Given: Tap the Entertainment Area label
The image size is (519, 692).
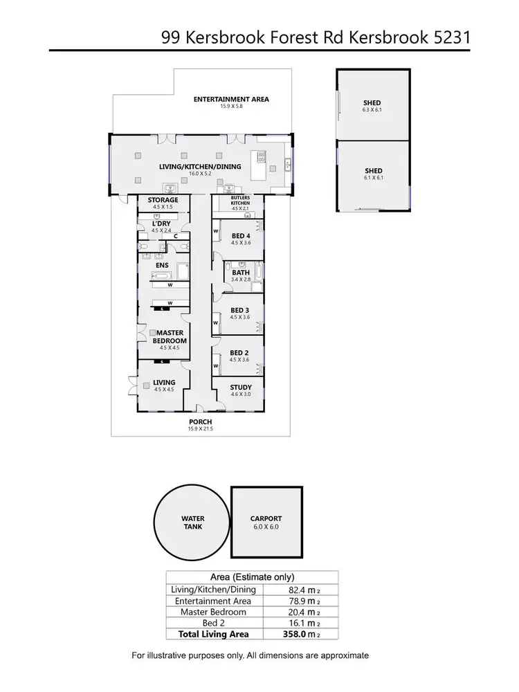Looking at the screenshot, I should [231, 99].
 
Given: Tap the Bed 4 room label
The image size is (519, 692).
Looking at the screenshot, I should [240, 235].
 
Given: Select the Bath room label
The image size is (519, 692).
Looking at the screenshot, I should [240, 273].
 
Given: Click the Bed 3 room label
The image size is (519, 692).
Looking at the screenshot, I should [240, 309].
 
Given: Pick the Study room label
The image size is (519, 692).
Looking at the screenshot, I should [240, 388].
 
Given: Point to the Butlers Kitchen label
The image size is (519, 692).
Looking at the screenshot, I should [239, 200].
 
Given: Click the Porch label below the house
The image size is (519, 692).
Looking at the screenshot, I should [200, 421].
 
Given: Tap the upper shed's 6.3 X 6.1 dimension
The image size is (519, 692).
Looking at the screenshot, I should [372, 110].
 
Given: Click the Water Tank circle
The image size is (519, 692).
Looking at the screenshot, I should [192, 522].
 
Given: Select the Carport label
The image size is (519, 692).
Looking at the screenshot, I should [266, 518].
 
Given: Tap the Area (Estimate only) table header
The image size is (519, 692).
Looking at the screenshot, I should [252, 577].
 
